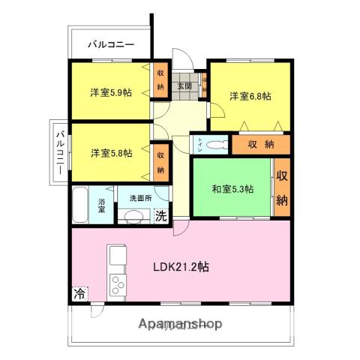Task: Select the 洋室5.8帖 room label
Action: (x=111, y=153)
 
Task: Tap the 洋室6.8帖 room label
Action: (x=250, y=96)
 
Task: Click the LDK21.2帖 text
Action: (x=181, y=266)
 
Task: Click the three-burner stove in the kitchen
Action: (x=118, y=285)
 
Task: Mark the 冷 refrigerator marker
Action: (x=79, y=294)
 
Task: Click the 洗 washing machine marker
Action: (x=160, y=216)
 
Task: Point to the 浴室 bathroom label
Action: (x=102, y=205)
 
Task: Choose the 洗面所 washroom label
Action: (x=140, y=199)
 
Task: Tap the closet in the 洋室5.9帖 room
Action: (x=160, y=81)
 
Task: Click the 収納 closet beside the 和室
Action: (x=282, y=188)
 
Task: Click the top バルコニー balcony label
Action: (x=111, y=44)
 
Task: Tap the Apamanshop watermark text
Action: (x=181, y=324)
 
